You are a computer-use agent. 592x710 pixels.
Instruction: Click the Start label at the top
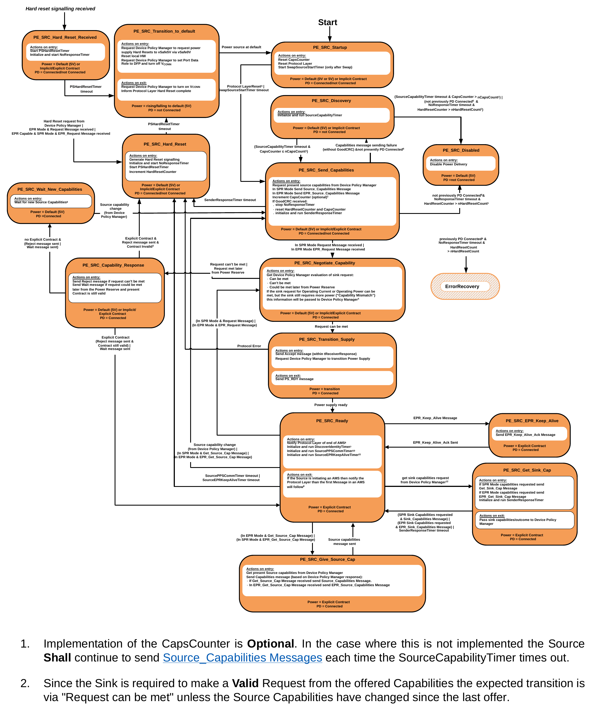327,22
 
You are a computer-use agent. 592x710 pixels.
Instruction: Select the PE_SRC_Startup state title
330,47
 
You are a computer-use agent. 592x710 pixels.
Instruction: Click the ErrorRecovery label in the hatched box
462,286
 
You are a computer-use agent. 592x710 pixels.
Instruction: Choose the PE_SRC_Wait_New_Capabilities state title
50,189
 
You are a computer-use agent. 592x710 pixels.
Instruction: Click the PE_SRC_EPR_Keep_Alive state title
532,421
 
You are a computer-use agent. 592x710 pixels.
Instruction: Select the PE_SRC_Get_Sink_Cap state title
527,470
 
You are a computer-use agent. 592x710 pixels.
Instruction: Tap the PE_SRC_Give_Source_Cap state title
327,559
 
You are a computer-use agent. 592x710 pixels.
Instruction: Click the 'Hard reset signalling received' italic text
60,9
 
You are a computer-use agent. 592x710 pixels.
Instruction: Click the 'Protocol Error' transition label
249,346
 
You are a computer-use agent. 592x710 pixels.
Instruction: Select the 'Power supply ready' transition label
331,405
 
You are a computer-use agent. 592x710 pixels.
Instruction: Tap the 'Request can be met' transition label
331,326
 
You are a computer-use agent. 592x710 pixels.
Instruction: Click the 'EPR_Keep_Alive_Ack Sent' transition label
435,442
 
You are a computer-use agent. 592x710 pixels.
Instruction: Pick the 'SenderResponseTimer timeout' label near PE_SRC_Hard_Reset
230,200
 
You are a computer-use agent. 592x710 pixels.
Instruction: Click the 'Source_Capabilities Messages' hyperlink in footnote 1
242,658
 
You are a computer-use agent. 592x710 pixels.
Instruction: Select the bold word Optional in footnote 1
270,644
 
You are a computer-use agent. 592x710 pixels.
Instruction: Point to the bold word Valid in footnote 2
245,683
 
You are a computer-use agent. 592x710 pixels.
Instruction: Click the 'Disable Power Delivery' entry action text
448,164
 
